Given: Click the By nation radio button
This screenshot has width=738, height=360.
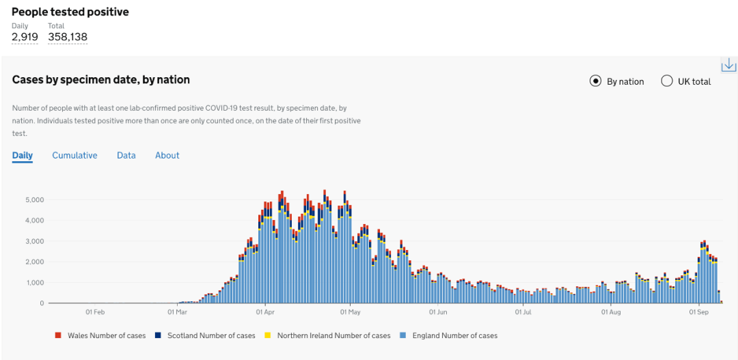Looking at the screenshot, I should point(596,81).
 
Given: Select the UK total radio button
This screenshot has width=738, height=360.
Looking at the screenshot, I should point(667,81).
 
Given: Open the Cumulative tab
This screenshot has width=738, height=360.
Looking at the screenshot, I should point(74,155).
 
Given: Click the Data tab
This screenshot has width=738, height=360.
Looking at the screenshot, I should point(126,155).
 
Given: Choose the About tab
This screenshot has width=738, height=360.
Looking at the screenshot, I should point(167,155).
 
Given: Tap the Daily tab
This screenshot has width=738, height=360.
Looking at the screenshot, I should point(23,155).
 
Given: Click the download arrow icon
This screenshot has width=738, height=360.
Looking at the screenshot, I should point(728,65).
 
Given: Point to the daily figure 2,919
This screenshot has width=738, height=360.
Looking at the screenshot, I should point(25,37).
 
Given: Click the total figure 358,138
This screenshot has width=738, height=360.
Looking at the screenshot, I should point(68,37).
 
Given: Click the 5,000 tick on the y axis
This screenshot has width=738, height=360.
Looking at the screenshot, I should point(35,200).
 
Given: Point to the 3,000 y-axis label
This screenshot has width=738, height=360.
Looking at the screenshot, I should point(35,241).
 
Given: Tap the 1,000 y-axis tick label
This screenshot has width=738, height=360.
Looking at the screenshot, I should point(35,283).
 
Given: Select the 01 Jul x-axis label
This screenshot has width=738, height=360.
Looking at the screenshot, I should point(523,312).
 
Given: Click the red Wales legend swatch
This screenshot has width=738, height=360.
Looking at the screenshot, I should point(58,335).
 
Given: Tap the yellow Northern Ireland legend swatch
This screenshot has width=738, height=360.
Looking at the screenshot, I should point(268,335).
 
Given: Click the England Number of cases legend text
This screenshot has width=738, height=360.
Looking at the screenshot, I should point(455,335).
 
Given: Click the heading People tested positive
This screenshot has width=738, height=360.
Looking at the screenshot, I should point(70,12).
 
